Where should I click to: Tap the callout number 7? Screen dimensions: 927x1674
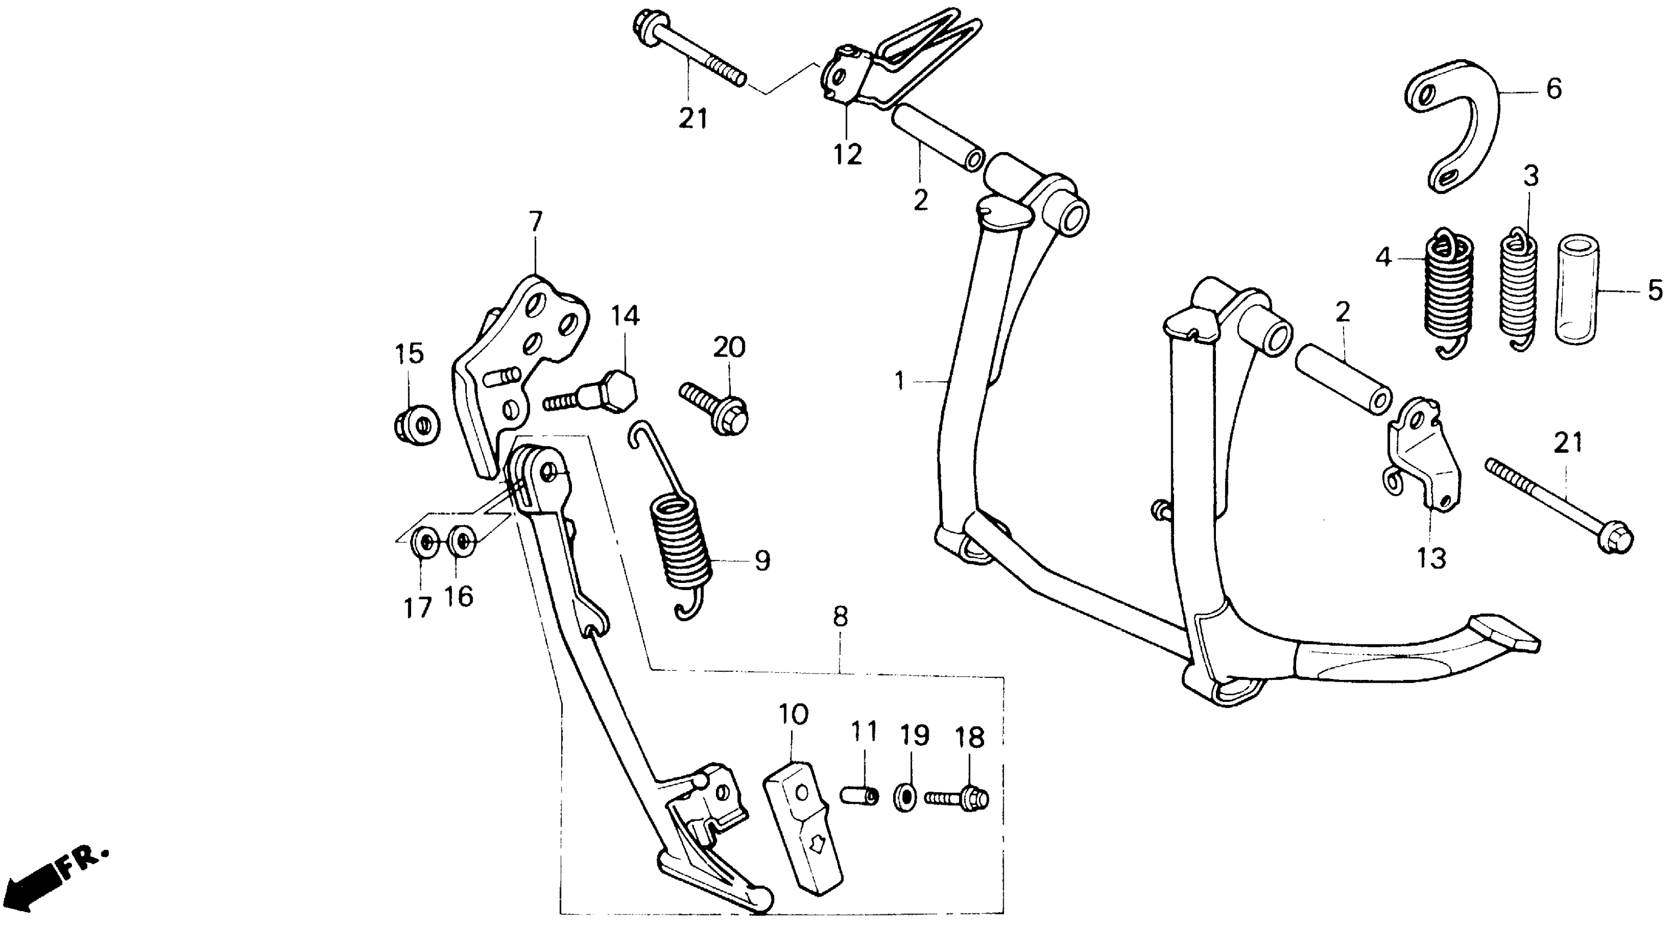535,222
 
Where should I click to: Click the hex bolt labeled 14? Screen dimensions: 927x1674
601,394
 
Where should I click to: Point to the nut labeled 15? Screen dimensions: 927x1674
417,425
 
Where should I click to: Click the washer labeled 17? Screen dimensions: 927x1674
425,541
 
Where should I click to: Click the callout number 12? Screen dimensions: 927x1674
848,154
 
